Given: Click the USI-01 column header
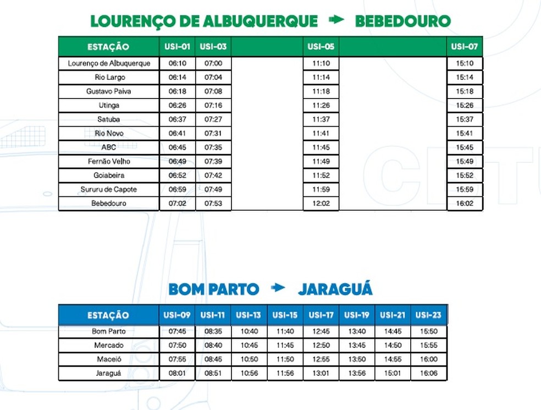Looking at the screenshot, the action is click(x=177, y=47).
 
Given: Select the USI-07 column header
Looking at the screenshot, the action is click(x=465, y=47).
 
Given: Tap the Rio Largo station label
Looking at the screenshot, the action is click(x=109, y=78).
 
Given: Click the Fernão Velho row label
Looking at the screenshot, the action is click(x=109, y=161).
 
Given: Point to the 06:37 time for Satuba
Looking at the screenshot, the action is click(x=177, y=119).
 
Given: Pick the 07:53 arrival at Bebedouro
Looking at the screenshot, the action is click(x=213, y=204).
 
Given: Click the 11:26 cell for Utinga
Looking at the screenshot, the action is click(x=321, y=105).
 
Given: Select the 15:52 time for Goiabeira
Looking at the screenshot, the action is click(x=465, y=176).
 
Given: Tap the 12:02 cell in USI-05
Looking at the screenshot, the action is click(x=321, y=204).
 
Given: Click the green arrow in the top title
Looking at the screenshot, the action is click(x=336, y=20).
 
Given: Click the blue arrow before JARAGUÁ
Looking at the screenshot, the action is click(x=278, y=287).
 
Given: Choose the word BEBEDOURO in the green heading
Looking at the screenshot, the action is click(x=402, y=21).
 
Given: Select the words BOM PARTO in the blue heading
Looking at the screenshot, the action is click(x=213, y=289).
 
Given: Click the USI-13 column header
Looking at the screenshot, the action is click(x=249, y=315).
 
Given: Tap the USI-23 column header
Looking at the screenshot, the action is click(x=428, y=315).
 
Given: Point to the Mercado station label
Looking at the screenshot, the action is click(x=109, y=346).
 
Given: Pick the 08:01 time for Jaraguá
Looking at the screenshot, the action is click(x=177, y=374).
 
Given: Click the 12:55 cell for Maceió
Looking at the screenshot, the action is click(x=321, y=359).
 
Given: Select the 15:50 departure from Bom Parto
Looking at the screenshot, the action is click(x=428, y=331).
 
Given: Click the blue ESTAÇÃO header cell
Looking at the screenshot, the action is click(x=108, y=315).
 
